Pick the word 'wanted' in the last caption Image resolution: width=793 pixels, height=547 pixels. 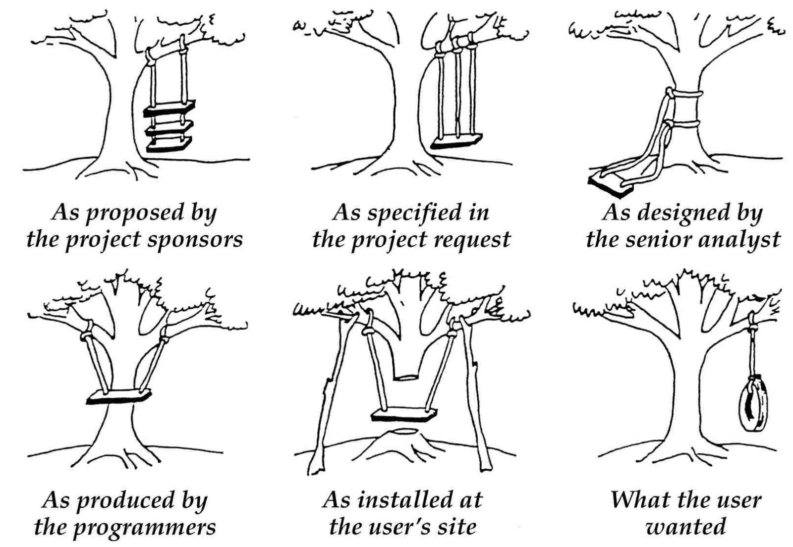click(x=686, y=527)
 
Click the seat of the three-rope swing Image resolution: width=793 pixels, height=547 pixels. click(x=456, y=141)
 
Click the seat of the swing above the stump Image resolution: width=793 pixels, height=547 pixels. click(x=404, y=414)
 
